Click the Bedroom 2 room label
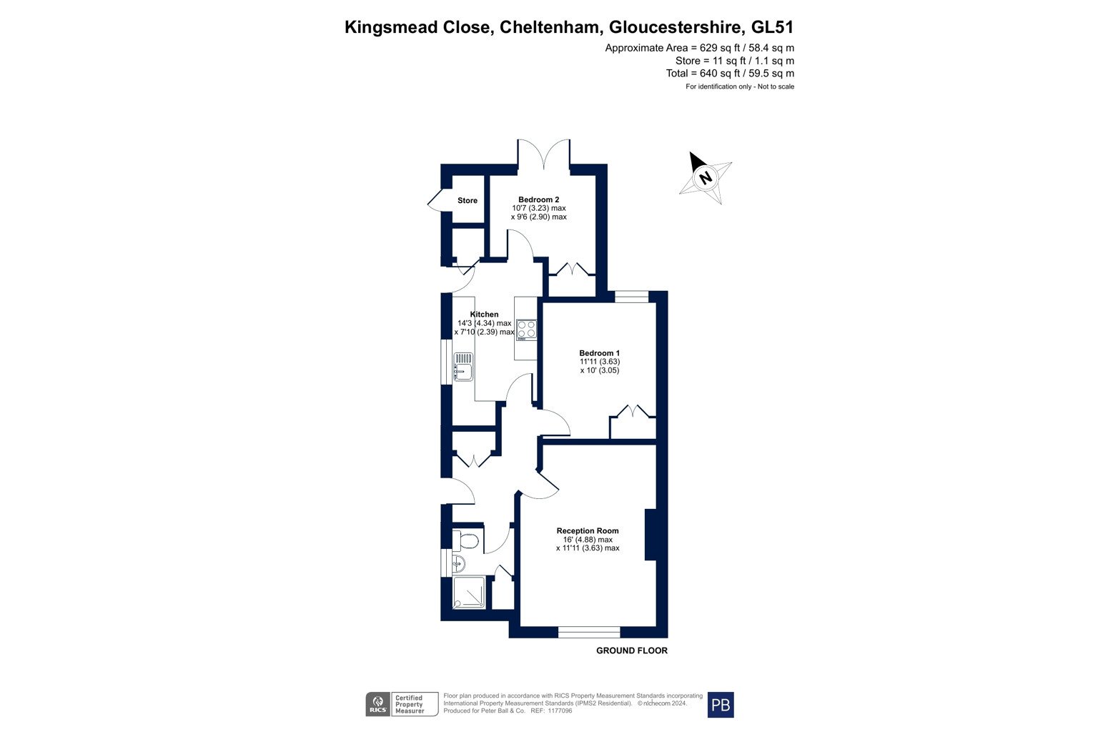click(x=539, y=199)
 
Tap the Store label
click(x=467, y=201)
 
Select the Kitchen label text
click(x=484, y=315)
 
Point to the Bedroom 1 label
click(x=600, y=353)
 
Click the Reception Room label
click(x=587, y=530)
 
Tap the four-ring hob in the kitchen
click(x=526, y=330)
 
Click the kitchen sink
click(x=463, y=367)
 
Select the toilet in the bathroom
click(x=465, y=541)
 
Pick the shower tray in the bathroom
click(x=469, y=593)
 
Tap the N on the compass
click(x=706, y=177)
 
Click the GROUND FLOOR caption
click(x=632, y=651)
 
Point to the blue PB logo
click(x=721, y=705)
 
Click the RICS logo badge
click(x=378, y=705)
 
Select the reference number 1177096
click(x=560, y=711)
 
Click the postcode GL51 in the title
click(x=773, y=27)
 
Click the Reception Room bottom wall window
click(x=589, y=632)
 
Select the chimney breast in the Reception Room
click(x=651, y=535)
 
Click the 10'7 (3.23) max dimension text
click(x=539, y=208)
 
